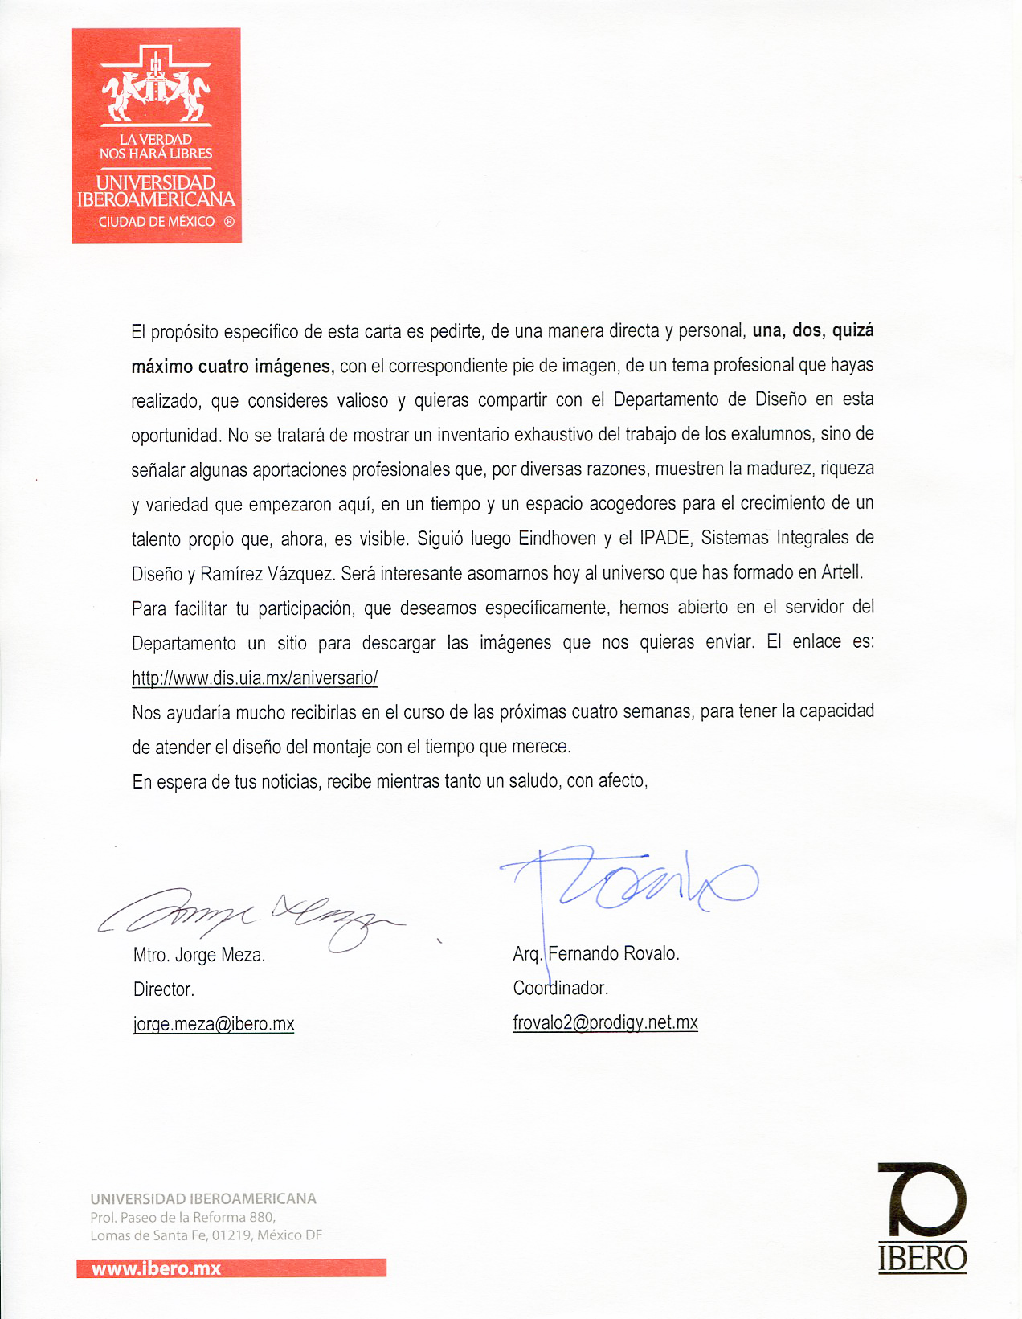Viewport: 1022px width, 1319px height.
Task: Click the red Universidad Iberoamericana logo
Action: [157, 135]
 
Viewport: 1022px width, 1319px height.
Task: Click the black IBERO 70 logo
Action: [922, 1217]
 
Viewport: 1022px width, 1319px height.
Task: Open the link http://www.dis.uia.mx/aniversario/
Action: [254, 678]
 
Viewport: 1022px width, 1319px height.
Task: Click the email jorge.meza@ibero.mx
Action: [214, 1024]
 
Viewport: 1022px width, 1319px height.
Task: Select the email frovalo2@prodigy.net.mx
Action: [605, 1022]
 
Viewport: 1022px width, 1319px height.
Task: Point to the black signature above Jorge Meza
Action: [249, 916]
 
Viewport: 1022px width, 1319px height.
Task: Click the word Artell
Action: [841, 573]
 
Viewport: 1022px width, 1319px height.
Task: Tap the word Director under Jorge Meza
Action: [164, 989]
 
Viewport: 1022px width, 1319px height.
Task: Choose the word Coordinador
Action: [560, 988]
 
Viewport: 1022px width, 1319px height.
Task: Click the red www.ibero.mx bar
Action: [231, 1268]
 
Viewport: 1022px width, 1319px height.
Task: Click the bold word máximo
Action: [162, 367]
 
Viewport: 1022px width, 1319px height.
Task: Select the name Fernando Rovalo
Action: [613, 954]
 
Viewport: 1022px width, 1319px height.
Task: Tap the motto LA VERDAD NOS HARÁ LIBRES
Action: [156, 146]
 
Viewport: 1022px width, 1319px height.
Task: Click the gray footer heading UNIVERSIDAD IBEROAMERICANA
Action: [203, 1198]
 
